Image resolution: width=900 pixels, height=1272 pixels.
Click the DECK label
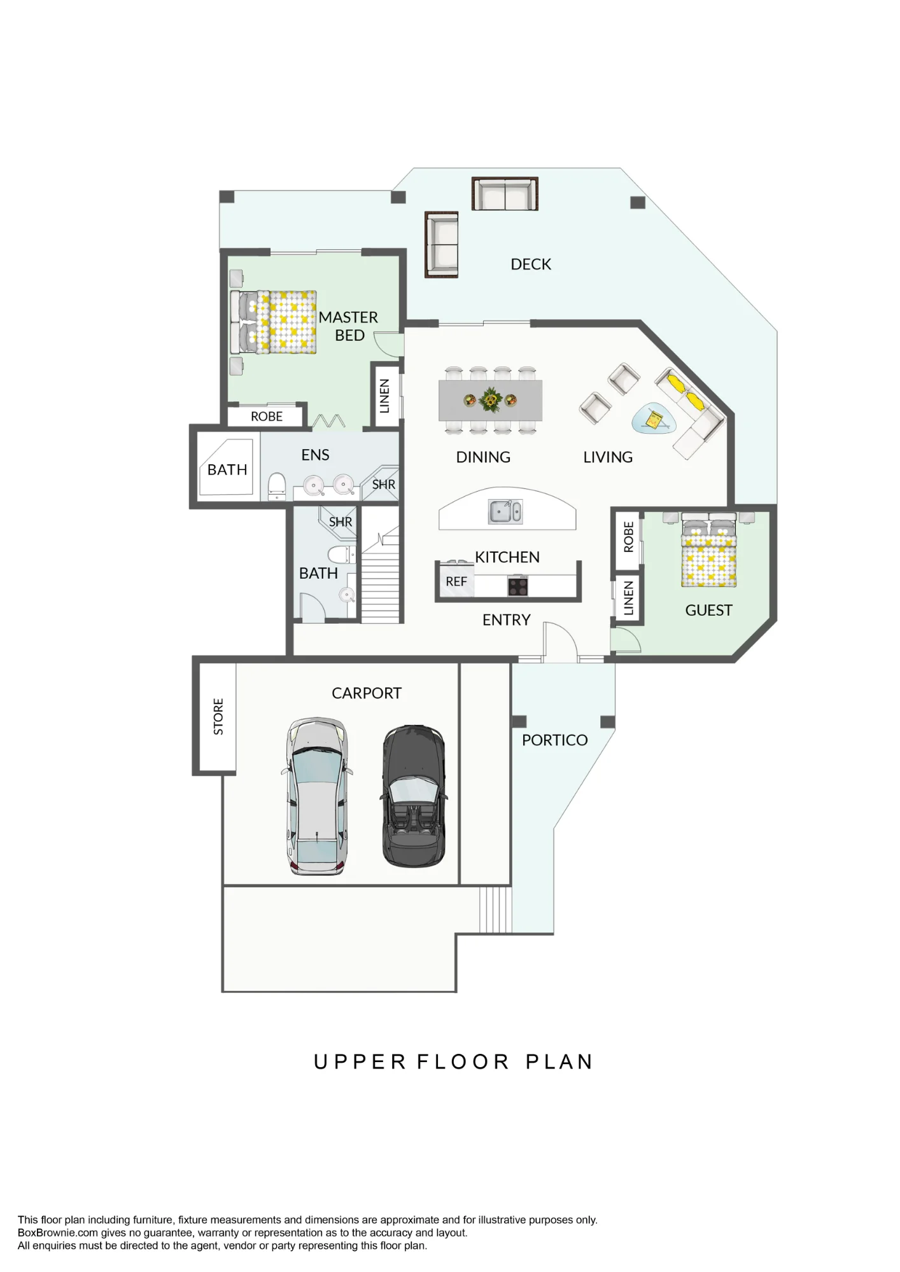tap(531, 264)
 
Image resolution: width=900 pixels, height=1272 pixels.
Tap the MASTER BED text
tap(348, 326)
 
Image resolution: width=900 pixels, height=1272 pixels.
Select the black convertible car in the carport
tap(414, 796)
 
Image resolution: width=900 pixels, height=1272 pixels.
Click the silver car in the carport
tap(317, 796)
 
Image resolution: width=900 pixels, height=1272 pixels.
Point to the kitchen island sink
tap(506, 511)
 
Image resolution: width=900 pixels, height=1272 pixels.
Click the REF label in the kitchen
tap(456, 581)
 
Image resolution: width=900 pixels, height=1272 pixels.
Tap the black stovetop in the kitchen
tap(518, 586)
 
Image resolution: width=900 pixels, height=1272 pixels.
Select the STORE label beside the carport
tap(218, 717)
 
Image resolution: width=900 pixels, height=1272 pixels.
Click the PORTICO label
tap(554, 740)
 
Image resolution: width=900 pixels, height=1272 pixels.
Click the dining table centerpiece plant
tap(490, 400)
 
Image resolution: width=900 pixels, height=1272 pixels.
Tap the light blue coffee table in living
tap(654, 418)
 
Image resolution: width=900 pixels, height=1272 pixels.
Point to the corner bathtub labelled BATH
tap(227, 467)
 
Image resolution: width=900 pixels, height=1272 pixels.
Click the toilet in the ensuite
tap(277, 486)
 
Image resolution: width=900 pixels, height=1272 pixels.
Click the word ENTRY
tap(506, 619)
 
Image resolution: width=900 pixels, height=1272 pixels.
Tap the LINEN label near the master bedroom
tap(384, 396)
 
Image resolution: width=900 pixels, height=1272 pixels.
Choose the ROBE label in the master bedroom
tap(267, 417)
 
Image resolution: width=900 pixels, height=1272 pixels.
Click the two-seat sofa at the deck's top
tap(505, 193)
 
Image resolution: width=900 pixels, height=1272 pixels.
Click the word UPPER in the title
tap(360, 1062)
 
